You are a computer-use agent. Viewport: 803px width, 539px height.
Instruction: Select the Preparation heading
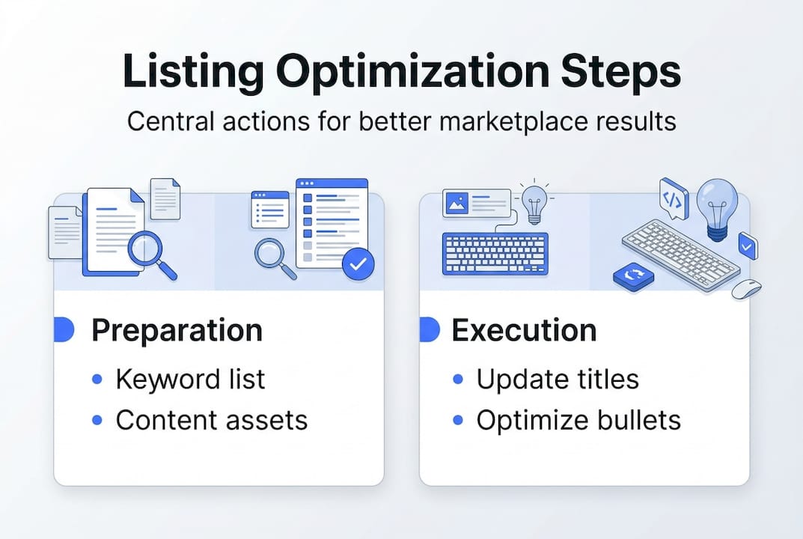point(177,331)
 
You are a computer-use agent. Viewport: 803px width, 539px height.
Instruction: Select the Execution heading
point(524,331)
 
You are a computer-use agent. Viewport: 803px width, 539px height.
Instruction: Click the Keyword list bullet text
point(190,380)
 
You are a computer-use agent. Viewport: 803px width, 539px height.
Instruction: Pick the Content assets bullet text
point(211,420)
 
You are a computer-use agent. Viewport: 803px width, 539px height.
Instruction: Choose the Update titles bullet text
point(558,380)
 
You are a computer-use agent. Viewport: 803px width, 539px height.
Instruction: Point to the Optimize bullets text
point(578,420)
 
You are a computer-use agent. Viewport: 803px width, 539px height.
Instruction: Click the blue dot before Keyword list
point(97,380)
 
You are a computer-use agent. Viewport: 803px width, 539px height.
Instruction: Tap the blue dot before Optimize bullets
point(458,420)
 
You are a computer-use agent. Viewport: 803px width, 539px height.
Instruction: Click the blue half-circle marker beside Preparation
point(64,329)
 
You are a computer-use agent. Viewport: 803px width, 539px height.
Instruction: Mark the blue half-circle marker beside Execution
point(429,329)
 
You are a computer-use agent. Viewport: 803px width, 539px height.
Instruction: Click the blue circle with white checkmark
point(358,264)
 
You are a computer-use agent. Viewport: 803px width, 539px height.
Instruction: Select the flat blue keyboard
point(495,254)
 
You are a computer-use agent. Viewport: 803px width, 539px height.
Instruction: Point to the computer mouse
point(745,289)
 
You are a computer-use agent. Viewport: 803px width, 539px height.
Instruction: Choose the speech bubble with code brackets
point(673,198)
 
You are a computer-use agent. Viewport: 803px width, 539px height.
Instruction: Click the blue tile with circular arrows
point(633,277)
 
